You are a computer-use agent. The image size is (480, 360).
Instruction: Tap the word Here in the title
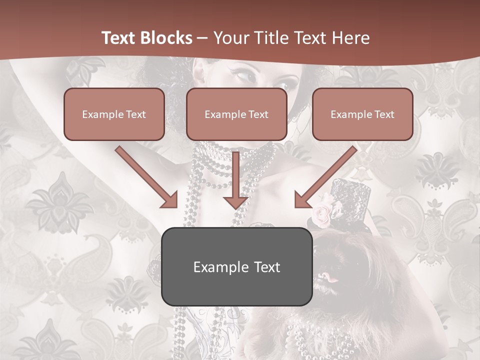(351, 38)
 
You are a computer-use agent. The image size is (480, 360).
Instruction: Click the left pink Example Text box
(114, 114)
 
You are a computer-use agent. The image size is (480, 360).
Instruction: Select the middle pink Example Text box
(236, 114)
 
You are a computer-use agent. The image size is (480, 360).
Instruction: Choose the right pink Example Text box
(362, 114)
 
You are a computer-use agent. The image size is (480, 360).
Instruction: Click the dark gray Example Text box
(236, 266)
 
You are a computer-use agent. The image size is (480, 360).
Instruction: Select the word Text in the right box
(384, 114)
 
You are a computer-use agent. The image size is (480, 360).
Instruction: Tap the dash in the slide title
(202, 38)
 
